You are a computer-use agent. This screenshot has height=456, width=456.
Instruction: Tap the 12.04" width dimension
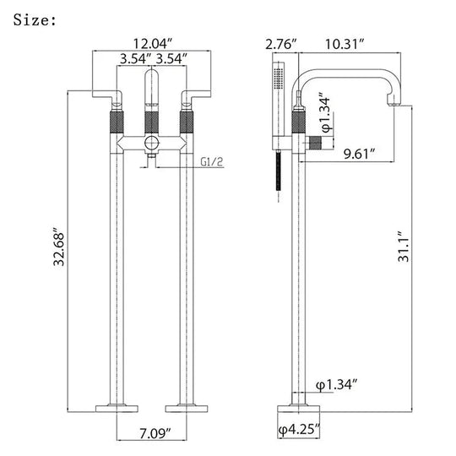tap(153, 44)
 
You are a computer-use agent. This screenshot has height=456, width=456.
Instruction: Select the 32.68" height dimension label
tap(59, 249)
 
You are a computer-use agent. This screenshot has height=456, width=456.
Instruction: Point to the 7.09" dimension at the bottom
tap(155, 433)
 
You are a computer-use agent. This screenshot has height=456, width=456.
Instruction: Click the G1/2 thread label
tap(212, 161)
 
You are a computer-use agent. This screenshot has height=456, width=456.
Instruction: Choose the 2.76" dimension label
tap(281, 44)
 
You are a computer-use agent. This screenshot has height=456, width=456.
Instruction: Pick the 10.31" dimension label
tap(345, 44)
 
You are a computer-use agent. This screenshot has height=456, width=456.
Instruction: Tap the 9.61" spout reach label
tap(359, 154)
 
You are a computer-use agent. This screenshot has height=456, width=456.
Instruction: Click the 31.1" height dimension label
tap(404, 247)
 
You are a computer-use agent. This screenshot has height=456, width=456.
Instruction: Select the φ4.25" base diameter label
tap(299, 429)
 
